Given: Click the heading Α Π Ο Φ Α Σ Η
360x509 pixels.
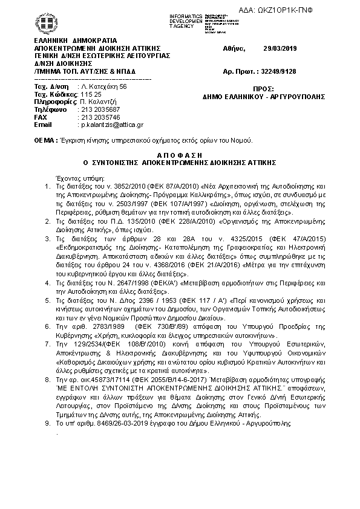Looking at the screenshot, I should [x=179, y=155].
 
